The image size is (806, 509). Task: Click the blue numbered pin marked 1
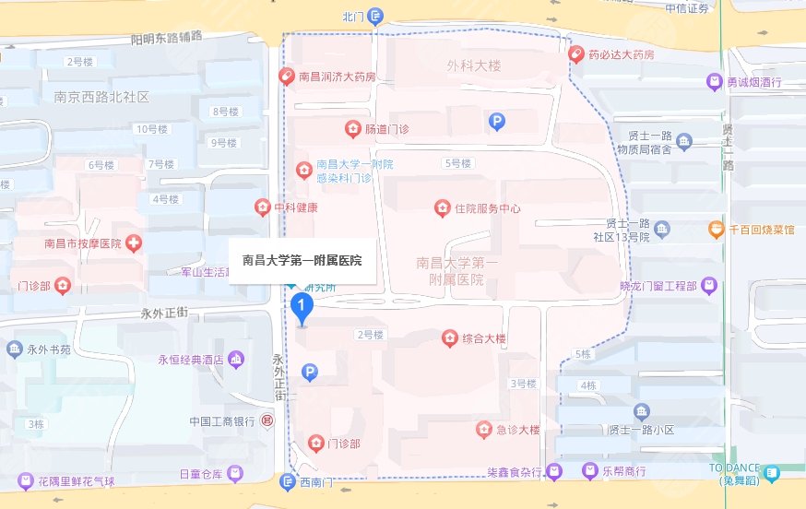(x=302, y=307)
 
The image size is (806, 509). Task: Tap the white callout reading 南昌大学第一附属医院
(x=302, y=261)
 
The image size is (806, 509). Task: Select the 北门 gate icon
(x=374, y=16)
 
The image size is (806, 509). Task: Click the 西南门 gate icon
(x=287, y=482)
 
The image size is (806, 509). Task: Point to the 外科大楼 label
(x=473, y=66)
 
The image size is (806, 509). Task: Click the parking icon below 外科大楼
(x=497, y=121)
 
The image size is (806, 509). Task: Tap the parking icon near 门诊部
(x=310, y=373)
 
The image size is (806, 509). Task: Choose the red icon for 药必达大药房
(x=576, y=54)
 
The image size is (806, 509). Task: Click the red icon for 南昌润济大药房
(x=287, y=77)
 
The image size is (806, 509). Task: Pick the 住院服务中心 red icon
(x=442, y=208)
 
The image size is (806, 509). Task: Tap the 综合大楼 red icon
(x=449, y=338)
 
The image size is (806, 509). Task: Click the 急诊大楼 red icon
(x=483, y=430)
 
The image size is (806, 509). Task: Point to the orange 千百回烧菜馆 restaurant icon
(x=716, y=229)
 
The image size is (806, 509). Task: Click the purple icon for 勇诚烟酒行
(x=714, y=82)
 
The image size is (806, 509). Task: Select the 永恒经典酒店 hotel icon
(x=237, y=359)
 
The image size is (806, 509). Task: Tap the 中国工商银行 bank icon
(x=267, y=421)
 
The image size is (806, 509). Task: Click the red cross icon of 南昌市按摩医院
(x=135, y=243)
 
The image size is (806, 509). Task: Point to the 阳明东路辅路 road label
(x=166, y=38)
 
